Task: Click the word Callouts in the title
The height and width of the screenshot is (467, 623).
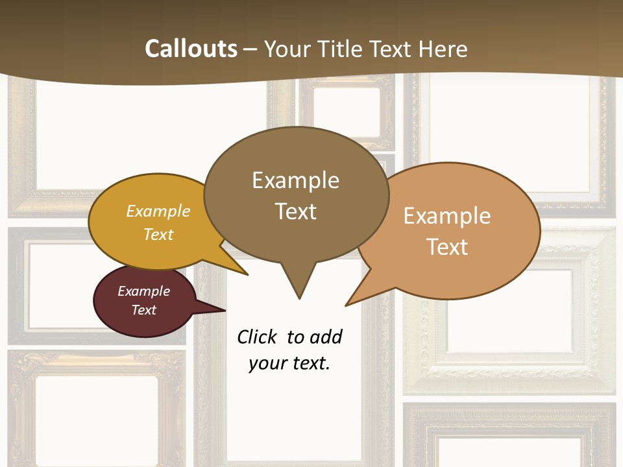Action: point(191,49)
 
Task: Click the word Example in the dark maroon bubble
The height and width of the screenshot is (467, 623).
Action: point(143,291)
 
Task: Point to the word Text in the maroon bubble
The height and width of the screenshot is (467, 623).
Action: point(143,310)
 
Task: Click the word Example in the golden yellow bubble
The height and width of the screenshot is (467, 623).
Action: point(158,211)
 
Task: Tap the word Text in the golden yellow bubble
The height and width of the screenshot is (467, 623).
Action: point(158,234)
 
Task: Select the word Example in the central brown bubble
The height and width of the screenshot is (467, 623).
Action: point(295,180)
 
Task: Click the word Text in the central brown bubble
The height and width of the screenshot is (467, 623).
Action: point(295,211)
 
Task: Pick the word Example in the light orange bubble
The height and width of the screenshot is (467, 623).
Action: point(447,216)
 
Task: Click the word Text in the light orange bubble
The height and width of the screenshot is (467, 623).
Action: point(447,246)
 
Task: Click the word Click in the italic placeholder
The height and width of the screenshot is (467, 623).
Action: point(258,337)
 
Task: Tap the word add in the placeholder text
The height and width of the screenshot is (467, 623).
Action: point(326,337)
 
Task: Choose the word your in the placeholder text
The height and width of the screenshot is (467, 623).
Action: point(268,363)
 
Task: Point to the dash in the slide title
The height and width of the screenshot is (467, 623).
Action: point(250,49)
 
